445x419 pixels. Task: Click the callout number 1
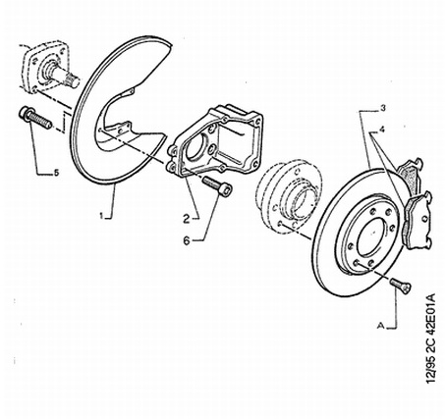click(x=101, y=216)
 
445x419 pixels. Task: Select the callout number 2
click(x=187, y=219)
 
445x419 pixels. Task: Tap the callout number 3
click(x=383, y=108)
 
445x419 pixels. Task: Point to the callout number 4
click(x=382, y=130)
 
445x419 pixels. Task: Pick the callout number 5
click(x=56, y=173)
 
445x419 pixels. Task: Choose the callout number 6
click(x=187, y=241)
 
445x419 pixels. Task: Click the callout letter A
click(x=380, y=326)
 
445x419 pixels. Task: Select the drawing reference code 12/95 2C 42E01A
click(x=432, y=338)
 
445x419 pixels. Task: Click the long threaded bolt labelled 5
click(x=36, y=118)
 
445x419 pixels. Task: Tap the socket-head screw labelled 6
click(x=218, y=185)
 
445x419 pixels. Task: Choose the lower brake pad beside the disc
click(x=418, y=219)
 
